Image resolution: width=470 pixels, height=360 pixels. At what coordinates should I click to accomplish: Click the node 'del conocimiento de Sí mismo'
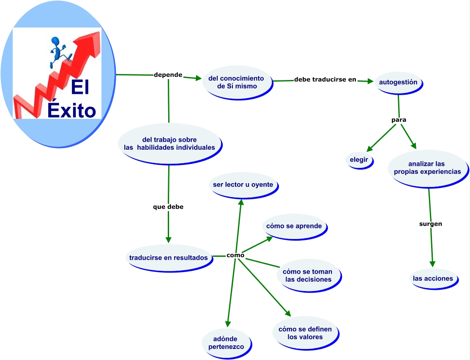click(x=237, y=82)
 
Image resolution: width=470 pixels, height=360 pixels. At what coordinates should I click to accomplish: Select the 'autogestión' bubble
click(x=398, y=82)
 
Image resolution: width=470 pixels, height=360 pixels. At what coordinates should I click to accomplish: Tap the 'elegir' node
click(x=359, y=160)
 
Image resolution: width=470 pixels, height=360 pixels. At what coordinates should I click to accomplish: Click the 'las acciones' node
click(x=433, y=278)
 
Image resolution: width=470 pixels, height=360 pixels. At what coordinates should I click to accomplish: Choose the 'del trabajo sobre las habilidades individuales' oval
click(x=169, y=143)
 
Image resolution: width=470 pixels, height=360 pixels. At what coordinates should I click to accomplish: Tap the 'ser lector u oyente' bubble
click(x=243, y=185)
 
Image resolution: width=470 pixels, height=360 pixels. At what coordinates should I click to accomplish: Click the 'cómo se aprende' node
click(x=294, y=226)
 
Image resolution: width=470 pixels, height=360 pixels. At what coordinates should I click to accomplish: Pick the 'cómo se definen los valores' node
click(x=305, y=333)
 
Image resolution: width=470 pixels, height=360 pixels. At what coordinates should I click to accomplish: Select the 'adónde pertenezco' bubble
click(x=226, y=343)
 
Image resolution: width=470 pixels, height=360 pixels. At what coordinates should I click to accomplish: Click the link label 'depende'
click(x=168, y=75)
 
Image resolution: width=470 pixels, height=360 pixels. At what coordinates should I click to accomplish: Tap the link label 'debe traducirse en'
click(x=325, y=79)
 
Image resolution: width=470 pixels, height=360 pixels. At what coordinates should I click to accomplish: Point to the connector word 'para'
click(x=399, y=120)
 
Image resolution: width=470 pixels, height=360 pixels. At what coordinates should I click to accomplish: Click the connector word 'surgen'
click(x=431, y=224)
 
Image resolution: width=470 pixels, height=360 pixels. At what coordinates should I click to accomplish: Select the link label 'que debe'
click(x=168, y=207)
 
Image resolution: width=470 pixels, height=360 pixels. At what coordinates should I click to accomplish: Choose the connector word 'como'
click(x=235, y=255)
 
